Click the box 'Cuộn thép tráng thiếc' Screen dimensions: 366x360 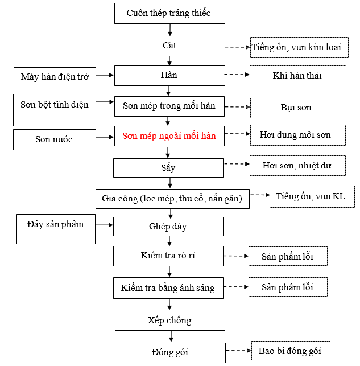pyautogui.click(x=169, y=13)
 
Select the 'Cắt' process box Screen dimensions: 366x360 pyautogui.click(x=169, y=46)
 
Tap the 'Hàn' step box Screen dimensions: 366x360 pyautogui.click(x=169, y=75)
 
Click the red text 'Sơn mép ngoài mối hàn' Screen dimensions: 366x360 pyautogui.click(x=169, y=137)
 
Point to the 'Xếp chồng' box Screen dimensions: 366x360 pyautogui.click(x=169, y=320)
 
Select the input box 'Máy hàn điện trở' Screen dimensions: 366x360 pyautogui.click(x=55, y=76)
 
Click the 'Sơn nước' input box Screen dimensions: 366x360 pyautogui.click(x=55, y=139)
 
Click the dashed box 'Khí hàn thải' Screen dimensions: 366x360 pyautogui.click(x=297, y=76)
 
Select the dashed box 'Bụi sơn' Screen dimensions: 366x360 pyautogui.click(x=297, y=108)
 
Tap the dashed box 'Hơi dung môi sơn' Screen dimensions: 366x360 pyautogui.click(x=297, y=135)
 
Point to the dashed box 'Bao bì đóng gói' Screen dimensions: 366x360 pyautogui.click(x=290, y=351)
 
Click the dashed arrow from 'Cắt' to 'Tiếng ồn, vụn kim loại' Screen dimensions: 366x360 pyautogui.click(x=237, y=47)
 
